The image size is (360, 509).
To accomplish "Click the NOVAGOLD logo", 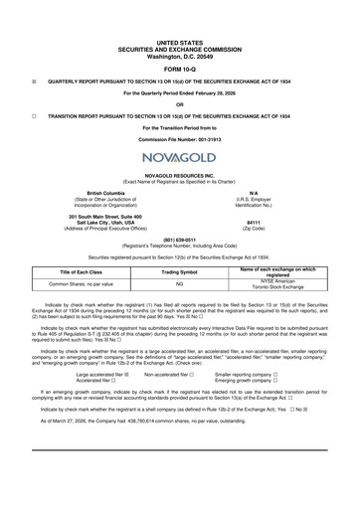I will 179,159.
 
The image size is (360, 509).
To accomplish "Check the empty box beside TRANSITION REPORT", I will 35,115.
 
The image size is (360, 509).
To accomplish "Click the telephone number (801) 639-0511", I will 179,239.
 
